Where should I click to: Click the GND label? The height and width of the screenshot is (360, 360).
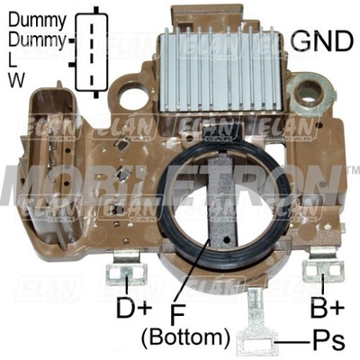pyautogui.click(x=322, y=40)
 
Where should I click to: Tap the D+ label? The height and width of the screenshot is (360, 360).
pyautogui.click(x=134, y=307)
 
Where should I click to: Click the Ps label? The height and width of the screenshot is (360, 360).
pyautogui.click(x=328, y=341)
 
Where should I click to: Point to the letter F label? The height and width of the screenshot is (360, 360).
pyautogui.click(x=177, y=314)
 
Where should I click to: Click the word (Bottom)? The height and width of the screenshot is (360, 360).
pyautogui.click(x=185, y=337)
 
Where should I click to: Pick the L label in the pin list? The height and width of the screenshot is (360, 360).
pyautogui.click(x=12, y=61)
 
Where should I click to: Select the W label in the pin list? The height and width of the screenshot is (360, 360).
pyautogui.click(x=16, y=80)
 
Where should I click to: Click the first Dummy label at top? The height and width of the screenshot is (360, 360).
pyautogui.click(x=37, y=22)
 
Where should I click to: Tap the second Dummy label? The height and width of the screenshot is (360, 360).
pyautogui.click(x=37, y=40)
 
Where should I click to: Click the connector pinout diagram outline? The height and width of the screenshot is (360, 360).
pyautogui.click(x=76, y=52)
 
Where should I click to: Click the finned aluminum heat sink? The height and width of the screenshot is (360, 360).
pyautogui.click(x=220, y=69)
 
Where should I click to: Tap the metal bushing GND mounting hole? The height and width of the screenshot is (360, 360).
pyautogui.click(x=310, y=94)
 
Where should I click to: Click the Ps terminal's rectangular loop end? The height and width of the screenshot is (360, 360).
pyautogui.click(x=257, y=342)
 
